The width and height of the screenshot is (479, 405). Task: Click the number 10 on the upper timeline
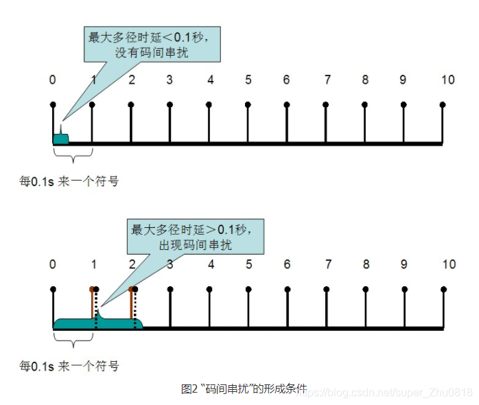tap(447, 80)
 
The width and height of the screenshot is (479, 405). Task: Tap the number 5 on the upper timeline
tap(248, 80)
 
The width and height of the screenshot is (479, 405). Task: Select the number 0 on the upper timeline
tap(53, 80)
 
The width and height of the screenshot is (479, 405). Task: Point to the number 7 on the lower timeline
tap(329, 264)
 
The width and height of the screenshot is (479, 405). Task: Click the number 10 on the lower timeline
tap(448, 264)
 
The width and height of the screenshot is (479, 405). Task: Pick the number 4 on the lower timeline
tap(211, 264)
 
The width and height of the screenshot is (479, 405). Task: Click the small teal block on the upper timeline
tap(60, 139)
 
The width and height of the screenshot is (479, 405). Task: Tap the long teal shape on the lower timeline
tap(96, 323)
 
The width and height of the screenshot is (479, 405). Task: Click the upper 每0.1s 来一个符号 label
tap(69, 181)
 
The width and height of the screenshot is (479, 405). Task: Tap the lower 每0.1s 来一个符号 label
tap(69, 366)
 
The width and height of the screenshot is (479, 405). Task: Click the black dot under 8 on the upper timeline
tap(365, 104)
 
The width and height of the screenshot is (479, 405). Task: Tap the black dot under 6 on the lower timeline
tap(287, 289)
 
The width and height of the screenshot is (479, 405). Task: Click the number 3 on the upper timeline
tap(169, 80)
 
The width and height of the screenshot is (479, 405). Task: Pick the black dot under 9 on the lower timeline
tap(404, 289)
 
